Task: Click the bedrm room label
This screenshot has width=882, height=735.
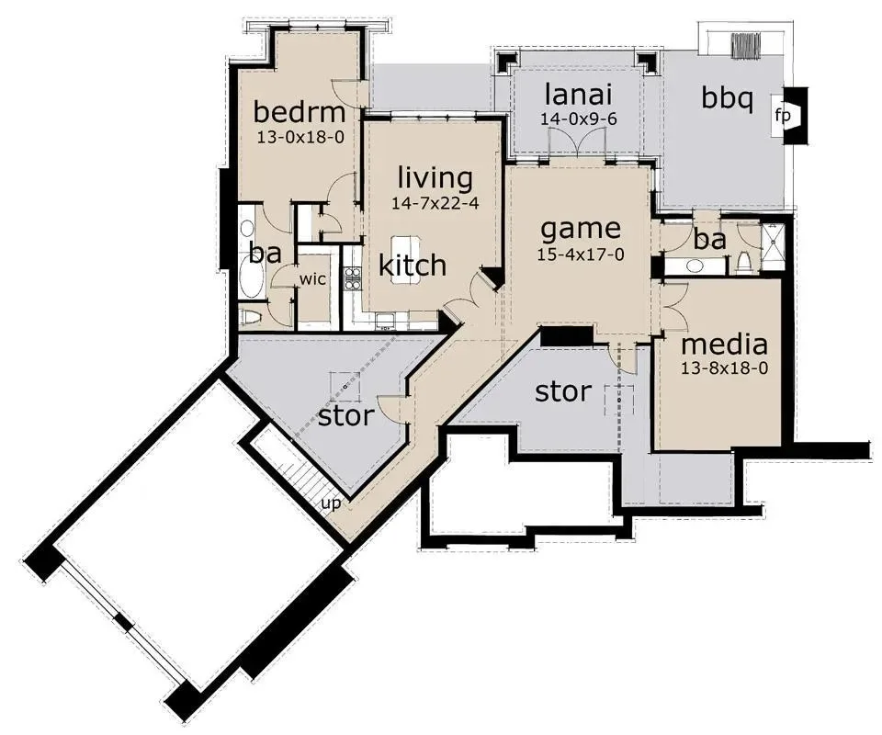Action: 300,111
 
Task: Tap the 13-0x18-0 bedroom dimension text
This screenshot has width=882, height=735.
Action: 300,137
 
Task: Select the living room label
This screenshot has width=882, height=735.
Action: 435,177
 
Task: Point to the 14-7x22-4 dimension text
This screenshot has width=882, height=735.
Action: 435,203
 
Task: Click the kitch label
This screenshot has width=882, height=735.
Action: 413,265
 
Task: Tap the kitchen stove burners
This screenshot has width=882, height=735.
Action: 352,278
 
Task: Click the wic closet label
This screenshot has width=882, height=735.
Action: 312,278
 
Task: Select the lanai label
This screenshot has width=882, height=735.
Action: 578,94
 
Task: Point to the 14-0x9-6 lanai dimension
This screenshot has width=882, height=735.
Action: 579,119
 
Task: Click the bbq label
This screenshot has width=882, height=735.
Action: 727,99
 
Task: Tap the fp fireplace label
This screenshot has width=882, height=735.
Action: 783,117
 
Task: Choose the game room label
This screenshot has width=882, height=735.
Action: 581,230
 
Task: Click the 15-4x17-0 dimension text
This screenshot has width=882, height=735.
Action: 581,254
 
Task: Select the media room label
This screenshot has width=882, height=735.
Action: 725,345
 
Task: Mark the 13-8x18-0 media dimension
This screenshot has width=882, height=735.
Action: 725,368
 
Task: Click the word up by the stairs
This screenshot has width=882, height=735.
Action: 331,503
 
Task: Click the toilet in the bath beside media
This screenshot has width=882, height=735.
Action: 742,262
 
